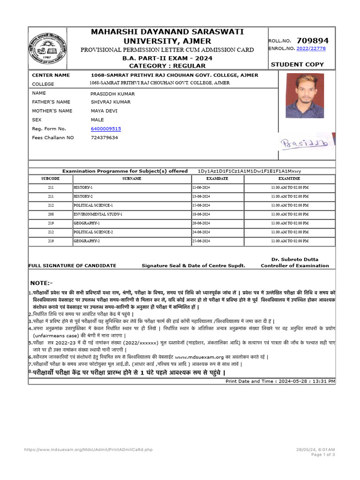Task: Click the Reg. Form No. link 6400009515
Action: [x=106, y=128]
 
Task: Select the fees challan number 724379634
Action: [x=105, y=138]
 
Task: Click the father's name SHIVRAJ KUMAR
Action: [x=111, y=102]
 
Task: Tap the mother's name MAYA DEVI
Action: [x=104, y=111]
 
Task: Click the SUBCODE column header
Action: [x=51, y=179]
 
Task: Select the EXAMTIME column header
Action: [x=289, y=179]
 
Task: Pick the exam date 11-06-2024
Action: [x=204, y=187]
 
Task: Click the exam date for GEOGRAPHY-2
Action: [x=204, y=241]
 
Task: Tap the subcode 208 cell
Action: [x=51, y=214]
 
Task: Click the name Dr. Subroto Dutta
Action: [x=295, y=259]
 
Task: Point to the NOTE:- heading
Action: [x=41, y=283]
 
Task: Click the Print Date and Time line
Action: [x=280, y=382]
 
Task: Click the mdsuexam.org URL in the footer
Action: [x=88, y=450]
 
